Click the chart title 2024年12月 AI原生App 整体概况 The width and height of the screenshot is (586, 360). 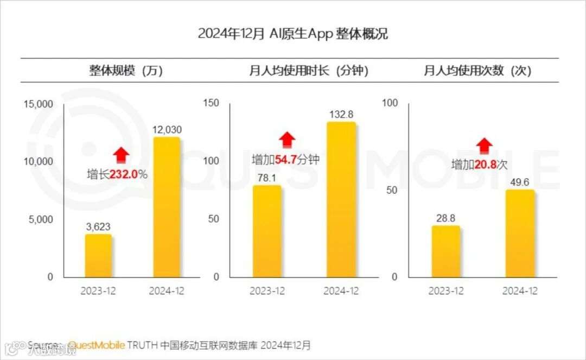click(292, 34)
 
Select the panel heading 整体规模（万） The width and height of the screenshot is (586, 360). click(126, 71)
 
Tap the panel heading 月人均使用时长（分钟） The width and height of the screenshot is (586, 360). click(308, 71)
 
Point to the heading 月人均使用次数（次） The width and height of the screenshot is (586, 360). click(477, 71)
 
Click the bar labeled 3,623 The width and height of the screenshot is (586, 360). click(98, 256)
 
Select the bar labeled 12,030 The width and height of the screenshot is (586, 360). click(166, 207)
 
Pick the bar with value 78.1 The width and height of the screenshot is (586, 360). click(267, 231)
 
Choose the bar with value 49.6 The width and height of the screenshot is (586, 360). click(519, 233)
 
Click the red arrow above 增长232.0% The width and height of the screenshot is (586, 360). click(122, 155)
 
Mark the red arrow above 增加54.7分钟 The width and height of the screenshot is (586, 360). click(287, 140)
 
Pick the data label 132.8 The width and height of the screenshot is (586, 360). click(341, 115)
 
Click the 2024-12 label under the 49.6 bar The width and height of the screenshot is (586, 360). click(519, 291)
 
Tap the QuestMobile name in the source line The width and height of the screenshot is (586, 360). click(97, 345)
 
